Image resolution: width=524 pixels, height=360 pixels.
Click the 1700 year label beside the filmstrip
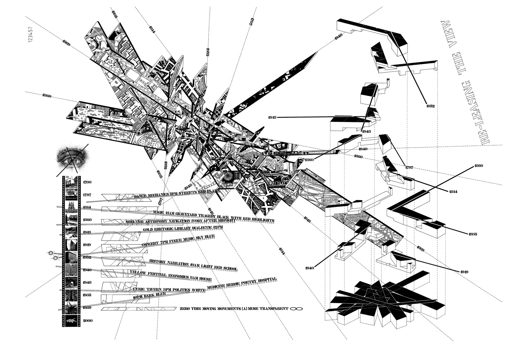(x=87, y=182)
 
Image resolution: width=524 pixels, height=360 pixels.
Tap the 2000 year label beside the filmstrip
(x=87, y=321)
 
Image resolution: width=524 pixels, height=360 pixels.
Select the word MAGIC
(x=160, y=213)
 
